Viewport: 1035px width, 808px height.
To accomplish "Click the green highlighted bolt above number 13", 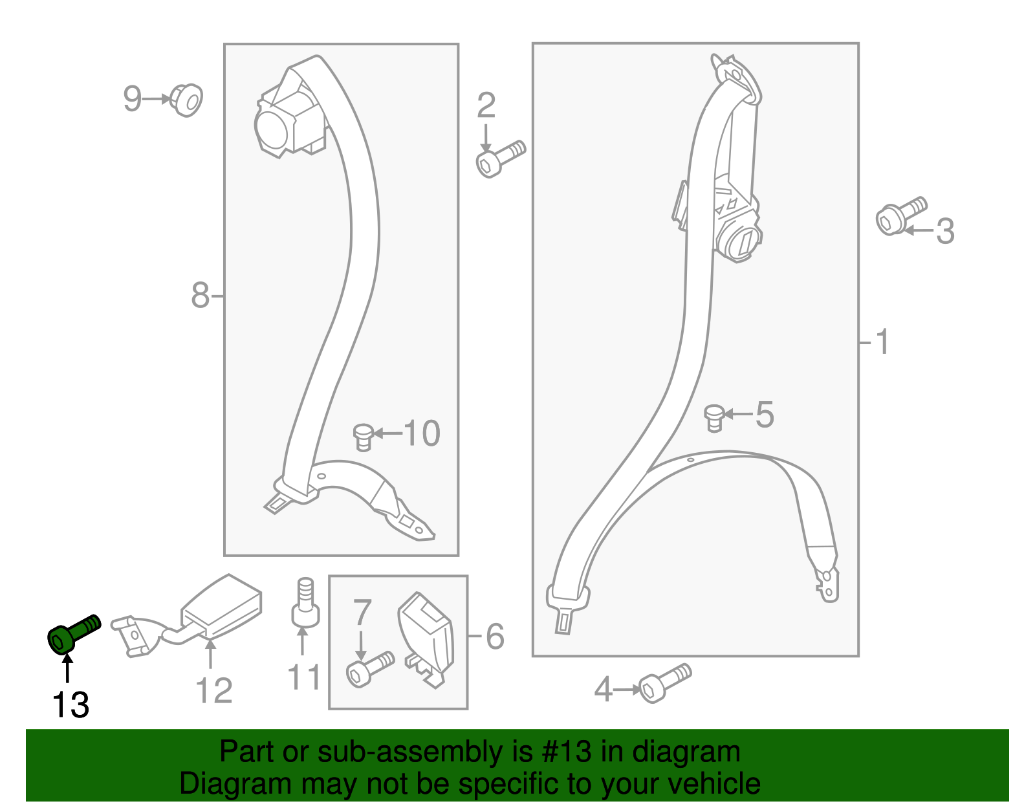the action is (74, 634).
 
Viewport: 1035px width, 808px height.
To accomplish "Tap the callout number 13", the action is (71, 704).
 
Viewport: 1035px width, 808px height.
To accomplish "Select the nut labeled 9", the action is (186, 100).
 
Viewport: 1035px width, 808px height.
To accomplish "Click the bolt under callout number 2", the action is (501, 159).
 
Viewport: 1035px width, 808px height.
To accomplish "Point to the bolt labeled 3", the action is (901, 216).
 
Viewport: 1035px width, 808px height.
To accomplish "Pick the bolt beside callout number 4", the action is (665, 682).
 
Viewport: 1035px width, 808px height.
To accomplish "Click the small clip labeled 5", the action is (714, 418).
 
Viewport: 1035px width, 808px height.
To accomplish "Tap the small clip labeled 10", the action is (364, 437).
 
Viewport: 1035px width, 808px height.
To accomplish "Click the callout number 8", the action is (200, 295).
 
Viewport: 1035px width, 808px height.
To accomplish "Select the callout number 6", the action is (495, 636).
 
